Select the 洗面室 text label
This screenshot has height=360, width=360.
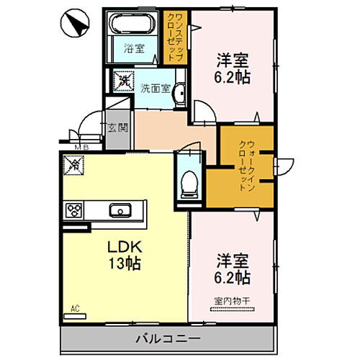point(154,89)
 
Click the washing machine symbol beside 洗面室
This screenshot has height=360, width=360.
point(124,81)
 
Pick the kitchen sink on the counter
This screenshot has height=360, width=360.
point(119,210)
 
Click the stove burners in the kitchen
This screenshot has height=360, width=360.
point(74,210)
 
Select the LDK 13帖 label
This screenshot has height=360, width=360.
point(119,254)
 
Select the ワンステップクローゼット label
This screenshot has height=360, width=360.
point(174,39)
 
